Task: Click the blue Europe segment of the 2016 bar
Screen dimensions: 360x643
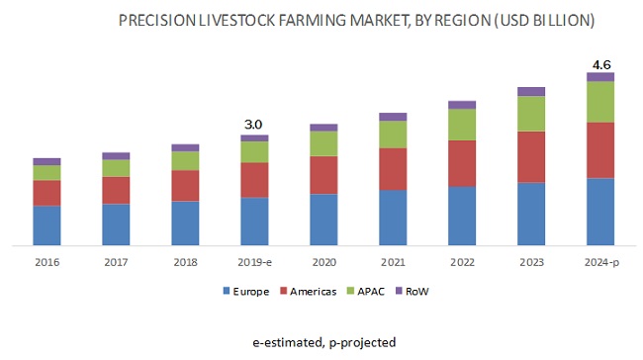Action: coord(46,225)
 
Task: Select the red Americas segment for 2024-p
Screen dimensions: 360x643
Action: coord(599,150)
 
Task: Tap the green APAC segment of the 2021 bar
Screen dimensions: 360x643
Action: coord(393,135)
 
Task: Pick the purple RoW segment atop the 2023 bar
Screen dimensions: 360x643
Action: coord(531,91)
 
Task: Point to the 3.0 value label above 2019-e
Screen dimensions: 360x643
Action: coord(254,125)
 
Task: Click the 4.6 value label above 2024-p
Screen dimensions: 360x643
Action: coord(600,64)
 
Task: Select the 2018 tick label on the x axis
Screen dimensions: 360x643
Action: coord(185,264)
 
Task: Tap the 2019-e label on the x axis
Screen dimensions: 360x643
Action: coord(254,264)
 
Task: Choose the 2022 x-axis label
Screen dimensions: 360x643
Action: coord(462,264)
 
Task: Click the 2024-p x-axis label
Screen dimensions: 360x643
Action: coord(600,264)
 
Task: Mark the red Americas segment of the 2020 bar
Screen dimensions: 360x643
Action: coord(323,175)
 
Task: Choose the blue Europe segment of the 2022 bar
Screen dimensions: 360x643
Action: coord(462,216)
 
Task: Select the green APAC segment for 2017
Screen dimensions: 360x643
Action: coord(116,168)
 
